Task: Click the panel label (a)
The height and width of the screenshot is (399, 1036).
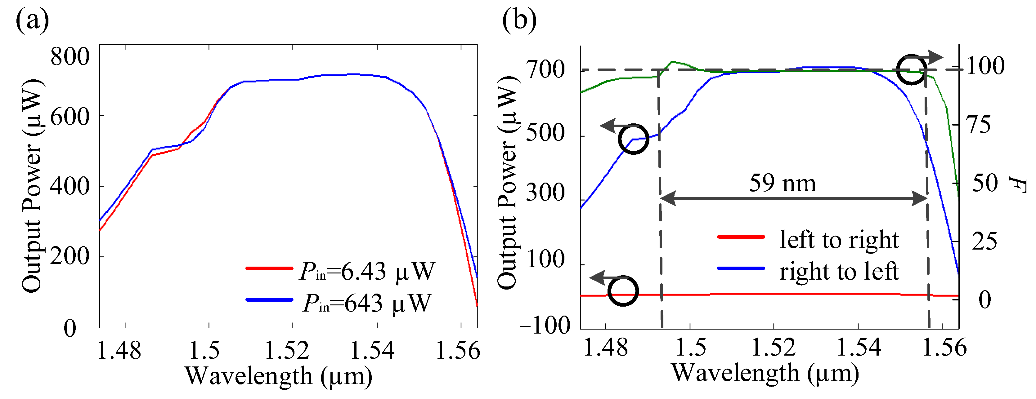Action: coord(32,21)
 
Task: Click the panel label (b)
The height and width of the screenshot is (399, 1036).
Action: coord(519,21)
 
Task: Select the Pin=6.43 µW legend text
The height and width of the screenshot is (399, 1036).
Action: coord(367,271)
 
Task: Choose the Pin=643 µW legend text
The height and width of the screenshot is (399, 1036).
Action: coord(367,304)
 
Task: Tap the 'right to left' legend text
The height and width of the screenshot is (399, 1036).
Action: coord(839,271)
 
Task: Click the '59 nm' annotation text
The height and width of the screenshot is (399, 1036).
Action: coord(783,184)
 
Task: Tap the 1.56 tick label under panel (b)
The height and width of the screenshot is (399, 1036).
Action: coord(944,348)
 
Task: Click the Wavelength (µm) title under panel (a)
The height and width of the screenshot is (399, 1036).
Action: coord(278,376)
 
